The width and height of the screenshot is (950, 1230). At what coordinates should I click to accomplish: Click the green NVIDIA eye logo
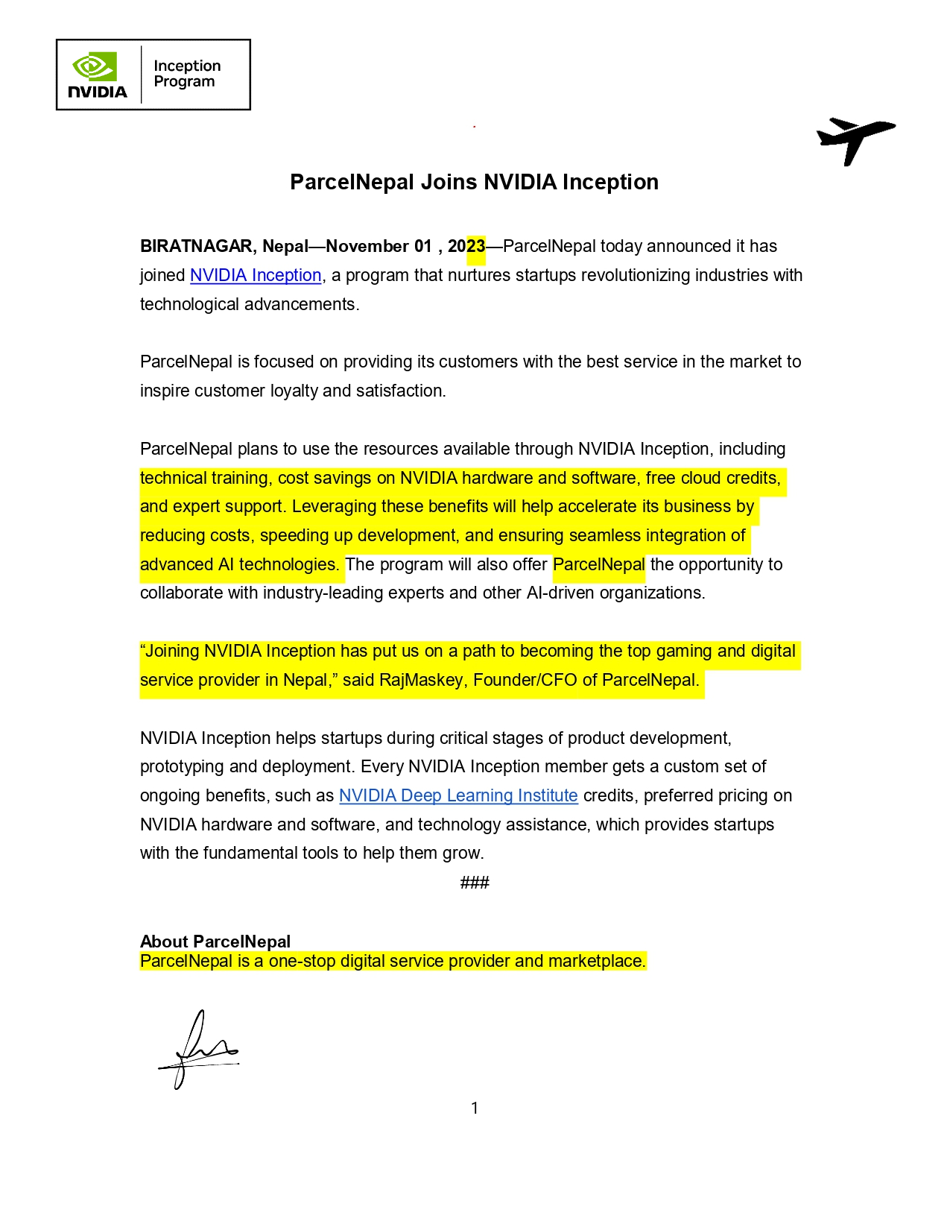click(95, 66)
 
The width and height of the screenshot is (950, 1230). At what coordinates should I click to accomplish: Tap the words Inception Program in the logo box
click(187, 74)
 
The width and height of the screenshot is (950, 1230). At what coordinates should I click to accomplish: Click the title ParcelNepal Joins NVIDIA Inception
click(474, 182)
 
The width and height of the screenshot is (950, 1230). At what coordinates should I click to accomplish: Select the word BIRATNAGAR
click(196, 247)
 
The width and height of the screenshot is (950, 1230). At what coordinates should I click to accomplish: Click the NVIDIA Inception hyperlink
click(256, 275)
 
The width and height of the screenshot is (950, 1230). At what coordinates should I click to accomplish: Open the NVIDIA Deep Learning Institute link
click(458, 795)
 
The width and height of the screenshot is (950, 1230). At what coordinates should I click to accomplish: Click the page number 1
click(475, 1108)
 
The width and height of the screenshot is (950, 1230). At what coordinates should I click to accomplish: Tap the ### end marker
click(475, 883)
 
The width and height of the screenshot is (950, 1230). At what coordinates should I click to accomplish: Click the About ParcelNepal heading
click(215, 942)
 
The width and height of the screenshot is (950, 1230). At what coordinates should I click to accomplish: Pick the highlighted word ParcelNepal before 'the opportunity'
click(598, 564)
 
